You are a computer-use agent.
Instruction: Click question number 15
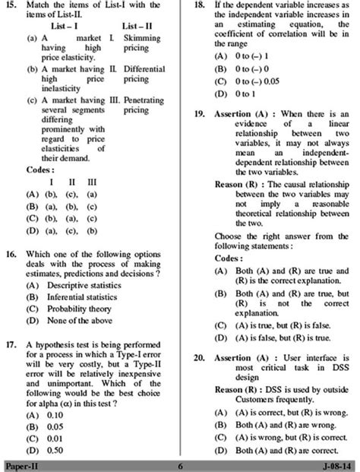pos(11,6)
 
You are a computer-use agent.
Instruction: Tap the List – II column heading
pos(137,26)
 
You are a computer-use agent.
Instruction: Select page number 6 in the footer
pos(180,464)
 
